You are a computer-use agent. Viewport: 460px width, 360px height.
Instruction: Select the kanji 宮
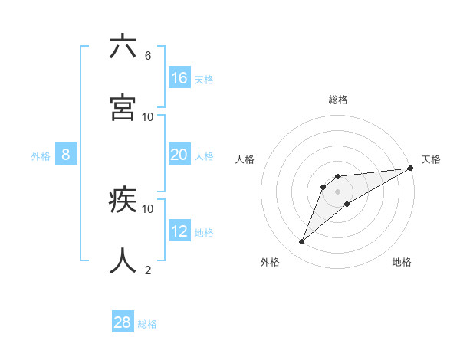tap(123, 107)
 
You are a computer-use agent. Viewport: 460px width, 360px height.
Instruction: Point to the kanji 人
tap(123, 260)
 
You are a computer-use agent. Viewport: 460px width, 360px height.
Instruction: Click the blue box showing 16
tap(179, 78)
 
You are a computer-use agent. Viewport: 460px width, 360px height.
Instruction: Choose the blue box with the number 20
tap(179, 155)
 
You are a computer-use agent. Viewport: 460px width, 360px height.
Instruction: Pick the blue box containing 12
tap(179, 231)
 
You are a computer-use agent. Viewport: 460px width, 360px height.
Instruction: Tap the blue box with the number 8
tap(66, 155)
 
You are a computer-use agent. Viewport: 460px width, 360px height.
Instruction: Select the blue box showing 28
tap(123, 322)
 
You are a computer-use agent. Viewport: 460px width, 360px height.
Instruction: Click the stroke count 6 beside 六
tap(148, 56)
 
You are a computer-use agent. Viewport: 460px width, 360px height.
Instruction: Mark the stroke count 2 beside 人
tap(148, 270)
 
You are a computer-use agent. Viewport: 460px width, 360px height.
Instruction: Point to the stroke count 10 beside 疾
tap(148, 208)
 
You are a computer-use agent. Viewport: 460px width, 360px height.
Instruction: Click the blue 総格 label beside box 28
tap(147, 324)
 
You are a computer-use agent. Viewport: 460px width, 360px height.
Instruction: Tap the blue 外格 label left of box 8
tap(41, 156)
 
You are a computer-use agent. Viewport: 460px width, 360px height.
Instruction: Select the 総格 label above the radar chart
tap(338, 100)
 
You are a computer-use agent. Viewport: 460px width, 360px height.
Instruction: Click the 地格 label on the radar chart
tap(402, 262)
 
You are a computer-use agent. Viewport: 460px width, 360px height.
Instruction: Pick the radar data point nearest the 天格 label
tap(410, 169)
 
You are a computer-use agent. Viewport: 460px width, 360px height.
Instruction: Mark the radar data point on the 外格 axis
tap(302, 242)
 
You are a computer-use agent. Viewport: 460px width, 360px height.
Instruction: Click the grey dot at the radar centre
tap(337, 191)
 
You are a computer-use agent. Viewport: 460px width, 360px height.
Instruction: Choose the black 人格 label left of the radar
tap(245, 159)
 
